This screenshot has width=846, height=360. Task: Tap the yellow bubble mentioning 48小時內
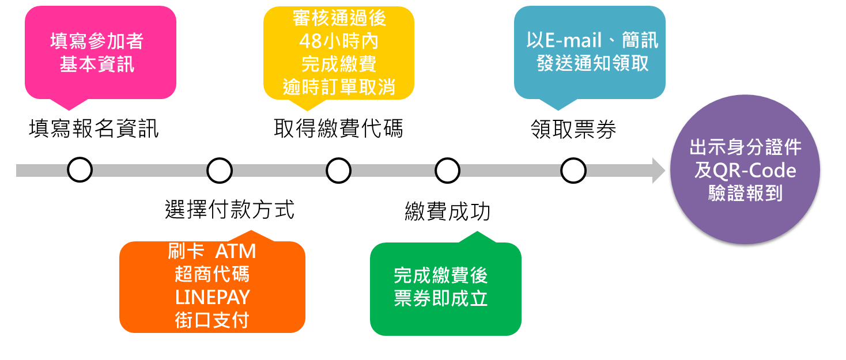coord(339,53)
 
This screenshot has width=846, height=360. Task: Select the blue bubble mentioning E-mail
coord(590,52)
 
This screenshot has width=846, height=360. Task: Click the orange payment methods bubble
coord(211,286)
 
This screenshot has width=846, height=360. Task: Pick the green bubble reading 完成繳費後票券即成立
coord(445,288)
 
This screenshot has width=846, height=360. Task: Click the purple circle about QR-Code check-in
coord(745,170)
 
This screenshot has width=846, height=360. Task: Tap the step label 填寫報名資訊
coord(93,128)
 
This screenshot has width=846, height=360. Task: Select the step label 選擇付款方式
coord(229,210)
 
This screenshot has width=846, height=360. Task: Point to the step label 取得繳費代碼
coord(338,128)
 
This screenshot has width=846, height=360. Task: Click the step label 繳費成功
coord(447,212)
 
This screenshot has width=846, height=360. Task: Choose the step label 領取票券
coord(573,130)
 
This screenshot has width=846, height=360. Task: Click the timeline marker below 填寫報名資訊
coord(80,170)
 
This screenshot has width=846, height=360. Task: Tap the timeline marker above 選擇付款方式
coord(220,170)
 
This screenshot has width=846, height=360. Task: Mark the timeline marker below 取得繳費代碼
coord(338,170)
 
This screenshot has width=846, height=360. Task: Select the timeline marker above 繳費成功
coord(447,170)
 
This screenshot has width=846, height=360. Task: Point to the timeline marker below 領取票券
coord(573,170)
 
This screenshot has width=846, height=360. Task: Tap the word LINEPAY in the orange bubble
coord(212,297)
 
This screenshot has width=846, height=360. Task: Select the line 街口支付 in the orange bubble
coord(212,320)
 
